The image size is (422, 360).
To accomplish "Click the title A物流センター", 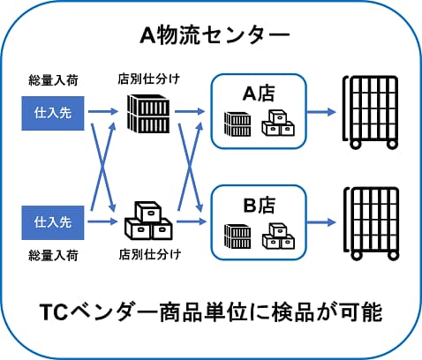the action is [215, 35].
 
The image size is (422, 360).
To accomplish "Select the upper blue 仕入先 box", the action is [53, 113].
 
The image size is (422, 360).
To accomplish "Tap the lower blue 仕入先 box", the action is [53, 222].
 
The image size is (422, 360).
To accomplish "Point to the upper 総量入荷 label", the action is [53, 80].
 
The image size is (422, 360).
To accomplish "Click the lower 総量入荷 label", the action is [53, 255].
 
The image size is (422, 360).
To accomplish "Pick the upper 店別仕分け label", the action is [148, 79].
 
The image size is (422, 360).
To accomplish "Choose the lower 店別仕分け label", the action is [150, 254].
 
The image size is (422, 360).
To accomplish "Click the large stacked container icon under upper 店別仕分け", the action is [148, 114].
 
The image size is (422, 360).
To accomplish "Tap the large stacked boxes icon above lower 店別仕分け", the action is [148, 221].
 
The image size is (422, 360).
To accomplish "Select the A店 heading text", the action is [259, 94].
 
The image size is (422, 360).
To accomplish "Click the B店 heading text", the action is [260, 205].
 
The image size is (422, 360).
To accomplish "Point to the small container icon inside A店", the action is [237, 124].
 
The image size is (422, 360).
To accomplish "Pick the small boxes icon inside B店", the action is [278, 236].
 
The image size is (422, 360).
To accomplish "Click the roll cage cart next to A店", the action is [371, 112].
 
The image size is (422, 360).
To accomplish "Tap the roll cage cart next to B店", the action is [372, 223].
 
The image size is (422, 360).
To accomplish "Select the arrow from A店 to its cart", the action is [321, 112].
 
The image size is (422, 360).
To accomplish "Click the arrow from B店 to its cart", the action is [321, 222].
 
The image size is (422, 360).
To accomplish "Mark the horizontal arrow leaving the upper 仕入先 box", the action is [103, 111].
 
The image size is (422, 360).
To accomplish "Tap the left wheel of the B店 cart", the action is [357, 255].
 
